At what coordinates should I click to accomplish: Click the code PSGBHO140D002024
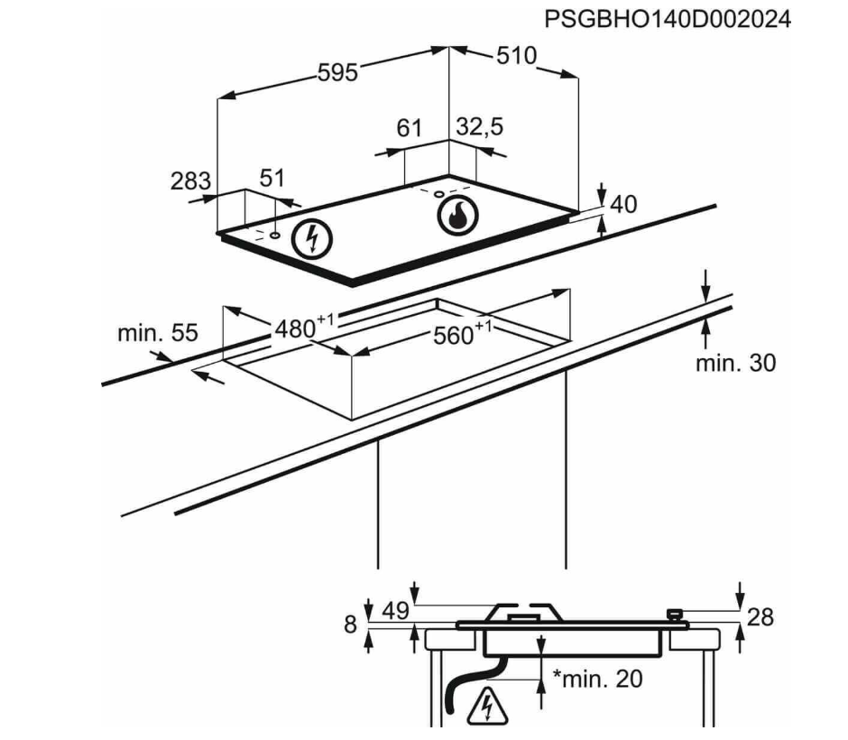(x=667, y=19)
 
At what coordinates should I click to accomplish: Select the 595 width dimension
(x=337, y=73)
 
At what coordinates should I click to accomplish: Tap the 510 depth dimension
(x=516, y=56)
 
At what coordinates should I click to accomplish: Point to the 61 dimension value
(x=410, y=128)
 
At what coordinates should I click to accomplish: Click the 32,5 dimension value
(x=479, y=127)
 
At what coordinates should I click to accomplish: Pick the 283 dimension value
(x=190, y=180)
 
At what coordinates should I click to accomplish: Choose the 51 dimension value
(x=272, y=178)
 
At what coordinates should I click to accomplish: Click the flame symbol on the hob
(x=456, y=216)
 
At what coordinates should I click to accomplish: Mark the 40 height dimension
(x=622, y=205)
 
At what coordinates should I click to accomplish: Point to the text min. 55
(x=157, y=333)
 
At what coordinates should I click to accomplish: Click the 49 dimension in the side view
(x=394, y=611)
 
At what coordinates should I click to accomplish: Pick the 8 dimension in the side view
(x=351, y=624)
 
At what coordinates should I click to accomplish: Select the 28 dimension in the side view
(x=760, y=617)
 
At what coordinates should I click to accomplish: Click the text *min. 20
(x=596, y=679)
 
